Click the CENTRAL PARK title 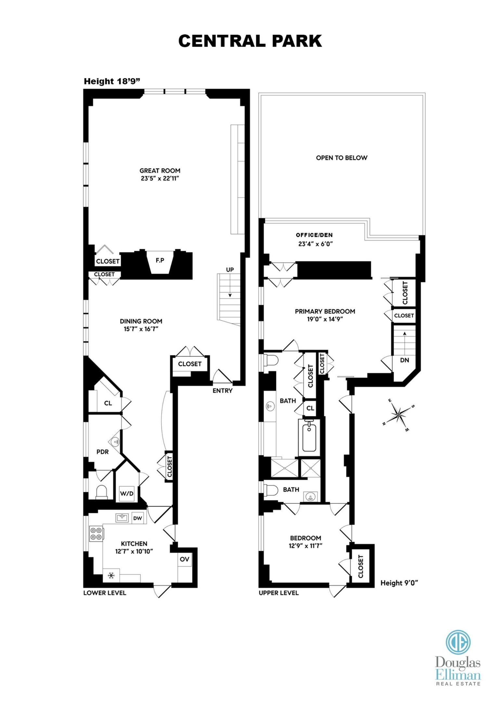(x=250, y=41)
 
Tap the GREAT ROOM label (x=160, y=171)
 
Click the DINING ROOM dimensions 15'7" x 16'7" (x=141, y=329)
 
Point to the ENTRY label (x=222, y=391)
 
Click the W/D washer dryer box (x=127, y=493)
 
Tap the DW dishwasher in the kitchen (x=137, y=518)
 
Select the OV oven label (x=185, y=559)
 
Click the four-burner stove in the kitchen (x=96, y=533)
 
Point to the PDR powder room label (x=102, y=452)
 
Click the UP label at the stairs (x=230, y=270)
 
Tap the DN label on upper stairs (x=404, y=360)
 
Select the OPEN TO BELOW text (x=341, y=158)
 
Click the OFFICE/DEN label (x=314, y=235)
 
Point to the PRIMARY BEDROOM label (x=325, y=311)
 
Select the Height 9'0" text (x=399, y=583)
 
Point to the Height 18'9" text (x=112, y=81)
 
